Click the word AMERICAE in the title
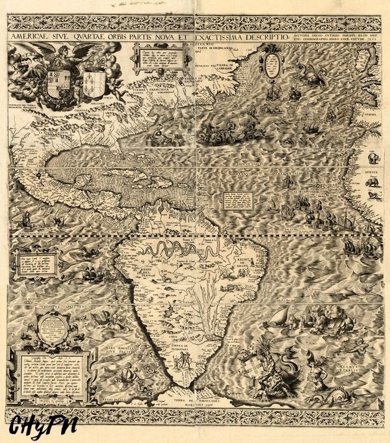pyautogui.click(x=31, y=38)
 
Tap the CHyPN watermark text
pyautogui.click(x=43, y=426)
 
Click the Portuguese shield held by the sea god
pyautogui.click(x=250, y=365)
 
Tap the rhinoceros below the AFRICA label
pyautogui.click(x=374, y=184)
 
